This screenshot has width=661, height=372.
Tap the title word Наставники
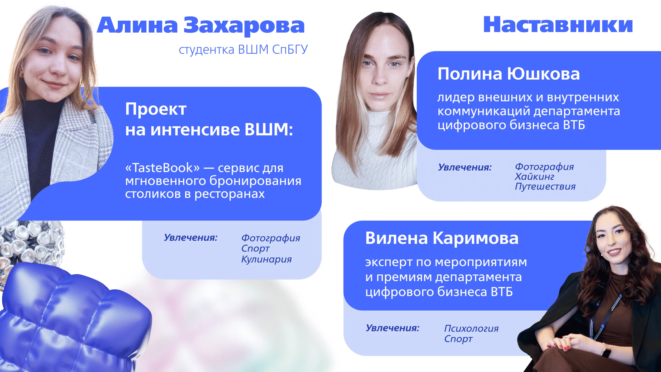(x=558, y=25)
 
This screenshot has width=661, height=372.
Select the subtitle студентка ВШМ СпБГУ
(x=243, y=50)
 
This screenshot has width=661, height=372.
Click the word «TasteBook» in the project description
(x=162, y=168)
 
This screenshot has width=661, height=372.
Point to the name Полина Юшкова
(x=509, y=74)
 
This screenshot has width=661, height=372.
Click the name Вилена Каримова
(x=442, y=238)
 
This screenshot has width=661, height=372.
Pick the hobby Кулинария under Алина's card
(x=266, y=259)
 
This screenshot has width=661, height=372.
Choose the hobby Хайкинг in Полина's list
(x=534, y=177)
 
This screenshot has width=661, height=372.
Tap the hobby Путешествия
(x=545, y=187)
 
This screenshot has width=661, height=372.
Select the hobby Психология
(x=471, y=328)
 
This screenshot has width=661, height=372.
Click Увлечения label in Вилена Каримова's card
(x=392, y=328)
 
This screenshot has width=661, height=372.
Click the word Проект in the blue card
(x=156, y=109)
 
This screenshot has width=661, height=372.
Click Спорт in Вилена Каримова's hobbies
(x=458, y=339)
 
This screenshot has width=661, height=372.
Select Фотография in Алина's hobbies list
(x=271, y=238)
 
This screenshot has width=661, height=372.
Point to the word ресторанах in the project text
(x=230, y=194)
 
